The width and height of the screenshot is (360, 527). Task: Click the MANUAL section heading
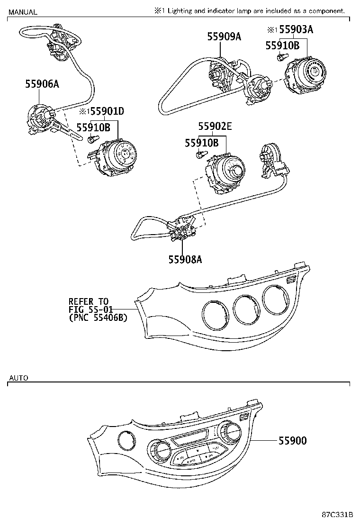(22, 12)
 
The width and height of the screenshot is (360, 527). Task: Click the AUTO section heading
(18, 378)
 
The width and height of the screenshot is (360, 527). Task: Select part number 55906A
(42, 84)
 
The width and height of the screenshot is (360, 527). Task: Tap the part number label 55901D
(107, 112)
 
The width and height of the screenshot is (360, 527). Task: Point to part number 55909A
(224, 36)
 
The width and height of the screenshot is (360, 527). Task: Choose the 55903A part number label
(296, 30)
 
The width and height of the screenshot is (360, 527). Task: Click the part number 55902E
(215, 127)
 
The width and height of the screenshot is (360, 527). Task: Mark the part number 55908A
(185, 259)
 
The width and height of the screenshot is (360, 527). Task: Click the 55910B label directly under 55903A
(282, 45)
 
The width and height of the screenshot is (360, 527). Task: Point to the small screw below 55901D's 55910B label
(92, 138)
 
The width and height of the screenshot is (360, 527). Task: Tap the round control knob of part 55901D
(124, 154)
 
